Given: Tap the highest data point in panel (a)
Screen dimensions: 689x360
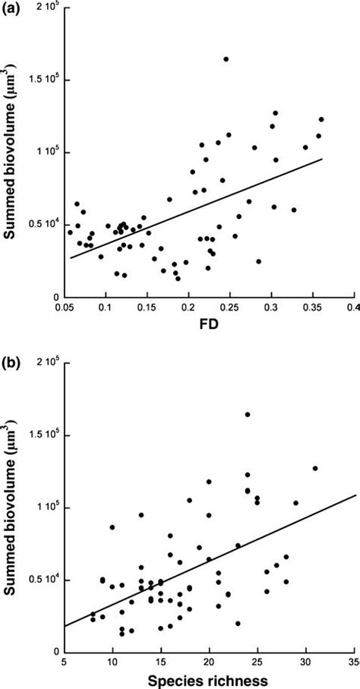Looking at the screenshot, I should [226, 59].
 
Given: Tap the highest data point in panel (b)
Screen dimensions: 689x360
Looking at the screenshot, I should [248, 415].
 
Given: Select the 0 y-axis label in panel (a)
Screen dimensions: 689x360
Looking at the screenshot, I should [55, 297].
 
